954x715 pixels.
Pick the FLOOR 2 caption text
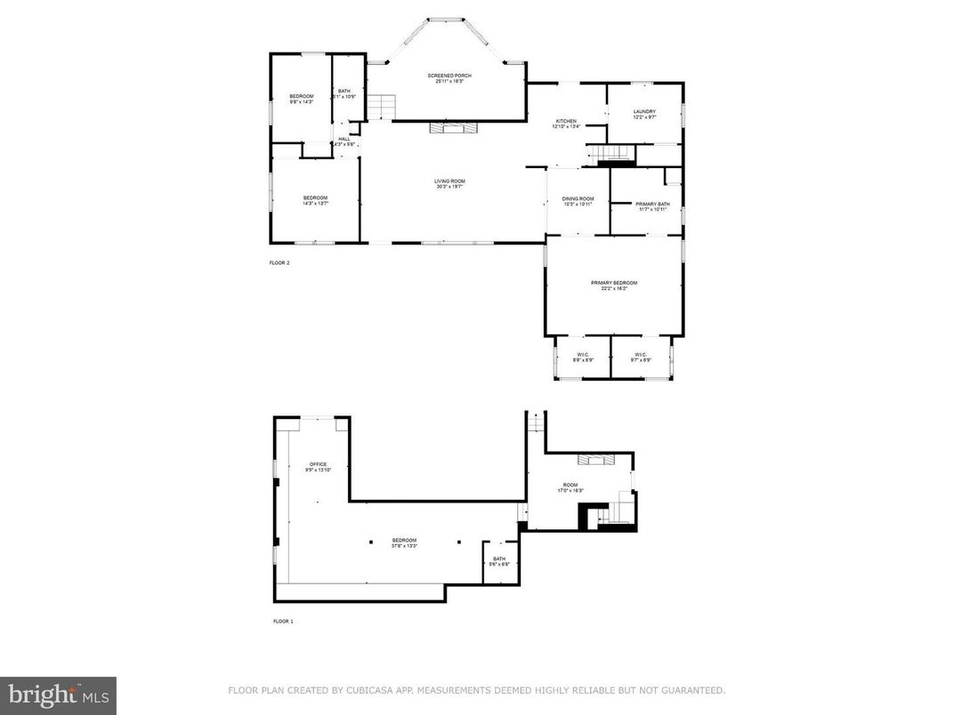pos(279,263)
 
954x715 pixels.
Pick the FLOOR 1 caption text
pos(283,621)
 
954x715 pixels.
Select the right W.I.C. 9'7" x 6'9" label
pos(642,357)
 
